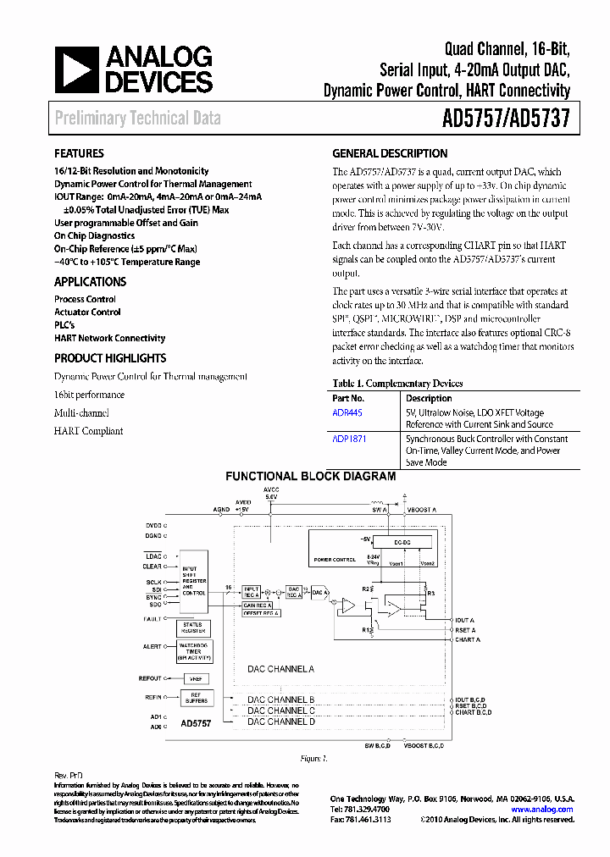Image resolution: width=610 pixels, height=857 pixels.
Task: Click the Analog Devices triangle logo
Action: [75, 69]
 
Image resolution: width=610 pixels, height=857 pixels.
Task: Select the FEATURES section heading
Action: [79, 154]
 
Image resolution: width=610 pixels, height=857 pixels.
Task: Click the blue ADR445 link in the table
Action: [347, 413]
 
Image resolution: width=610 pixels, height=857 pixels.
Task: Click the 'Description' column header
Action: [429, 398]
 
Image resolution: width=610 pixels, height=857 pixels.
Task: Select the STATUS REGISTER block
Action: [194, 627]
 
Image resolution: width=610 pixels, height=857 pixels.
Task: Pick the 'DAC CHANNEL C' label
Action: [280, 710]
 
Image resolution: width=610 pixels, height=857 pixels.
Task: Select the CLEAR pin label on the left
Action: [152, 567]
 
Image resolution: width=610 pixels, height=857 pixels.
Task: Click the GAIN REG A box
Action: [258, 605]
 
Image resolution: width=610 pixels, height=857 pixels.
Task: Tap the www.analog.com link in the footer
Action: [542, 809]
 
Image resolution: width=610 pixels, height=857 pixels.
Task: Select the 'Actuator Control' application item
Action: [87, 312]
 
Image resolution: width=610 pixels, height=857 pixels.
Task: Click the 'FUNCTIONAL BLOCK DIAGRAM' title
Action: [310, 477]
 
